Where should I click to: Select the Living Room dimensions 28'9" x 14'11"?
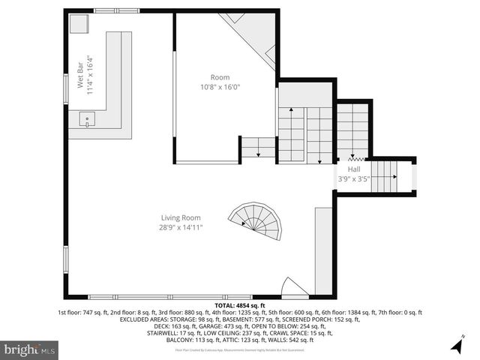180,227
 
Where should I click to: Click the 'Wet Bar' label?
80,73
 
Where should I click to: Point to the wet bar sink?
87,119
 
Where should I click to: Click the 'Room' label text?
219,77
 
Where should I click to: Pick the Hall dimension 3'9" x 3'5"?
353,178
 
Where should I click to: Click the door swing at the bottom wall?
293,288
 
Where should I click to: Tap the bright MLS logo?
30,349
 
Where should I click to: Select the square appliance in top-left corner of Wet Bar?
78,23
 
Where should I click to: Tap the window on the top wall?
116,10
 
